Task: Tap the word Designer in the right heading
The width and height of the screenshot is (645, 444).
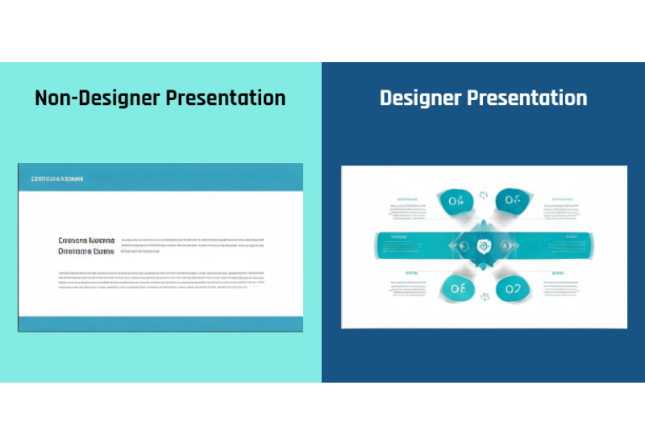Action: click(421, 98)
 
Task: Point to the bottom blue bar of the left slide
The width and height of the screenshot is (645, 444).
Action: click(160, 323)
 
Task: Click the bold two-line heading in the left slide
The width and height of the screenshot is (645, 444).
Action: click(86, 245)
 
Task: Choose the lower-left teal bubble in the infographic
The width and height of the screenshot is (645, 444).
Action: click(456, 288)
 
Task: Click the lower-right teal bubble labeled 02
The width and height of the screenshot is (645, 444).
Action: click(510, 288)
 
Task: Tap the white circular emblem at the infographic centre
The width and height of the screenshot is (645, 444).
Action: click(483, 245)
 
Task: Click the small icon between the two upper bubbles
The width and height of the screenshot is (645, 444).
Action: click(484, 195)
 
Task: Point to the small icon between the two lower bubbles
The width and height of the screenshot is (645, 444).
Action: click(484, 296)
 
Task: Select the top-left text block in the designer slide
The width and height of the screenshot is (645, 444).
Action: click(410, 208)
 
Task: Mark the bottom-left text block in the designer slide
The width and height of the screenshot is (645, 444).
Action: click(410, 284)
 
